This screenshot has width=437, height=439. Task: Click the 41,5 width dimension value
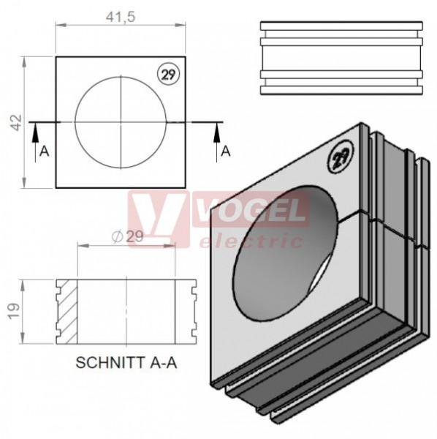(121, 18)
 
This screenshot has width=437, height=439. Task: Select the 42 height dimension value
(17, 122)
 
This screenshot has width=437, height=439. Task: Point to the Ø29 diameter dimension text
(127, 237)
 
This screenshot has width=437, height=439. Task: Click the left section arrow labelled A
(35, 142)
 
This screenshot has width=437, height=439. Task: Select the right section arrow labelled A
(217, 142)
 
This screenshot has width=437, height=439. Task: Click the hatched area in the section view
(68, 312)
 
